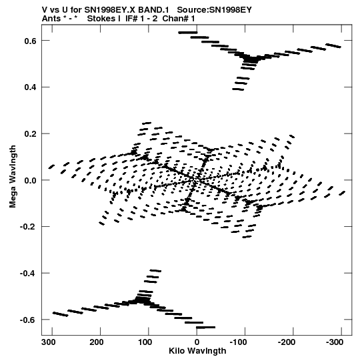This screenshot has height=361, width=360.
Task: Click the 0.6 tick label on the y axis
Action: tap(31, 41)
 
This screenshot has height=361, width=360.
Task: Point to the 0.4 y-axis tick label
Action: tap(31, 87)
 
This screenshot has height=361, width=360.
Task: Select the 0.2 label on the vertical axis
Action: tap(31, 134)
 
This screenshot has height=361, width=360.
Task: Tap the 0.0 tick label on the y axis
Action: tap(31, 180)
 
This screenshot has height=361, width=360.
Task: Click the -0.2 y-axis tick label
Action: tap(29, 227)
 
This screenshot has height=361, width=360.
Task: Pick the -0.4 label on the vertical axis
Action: tap(29, 274)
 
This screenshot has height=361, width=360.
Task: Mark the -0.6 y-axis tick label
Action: tap(29, 320)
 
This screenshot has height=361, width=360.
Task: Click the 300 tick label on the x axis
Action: tap(49, 342)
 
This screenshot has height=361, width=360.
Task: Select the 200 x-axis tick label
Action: tap(97, 342)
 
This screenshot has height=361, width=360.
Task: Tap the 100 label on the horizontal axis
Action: tap(145, 342)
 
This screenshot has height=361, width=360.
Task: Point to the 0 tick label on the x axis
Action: tap(197, 342)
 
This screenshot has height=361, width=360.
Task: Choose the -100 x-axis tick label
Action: tap(239, 342)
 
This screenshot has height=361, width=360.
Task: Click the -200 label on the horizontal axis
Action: tap(287, 342)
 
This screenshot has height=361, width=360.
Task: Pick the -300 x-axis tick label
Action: tap(335, 342)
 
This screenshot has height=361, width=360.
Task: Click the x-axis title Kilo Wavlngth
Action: tap(197, 351)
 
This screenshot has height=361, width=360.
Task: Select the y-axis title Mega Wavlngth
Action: tap(13, 177)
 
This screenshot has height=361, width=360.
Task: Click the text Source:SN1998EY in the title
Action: tap(215, 10)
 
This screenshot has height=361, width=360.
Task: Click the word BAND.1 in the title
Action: tap(153, 10)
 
